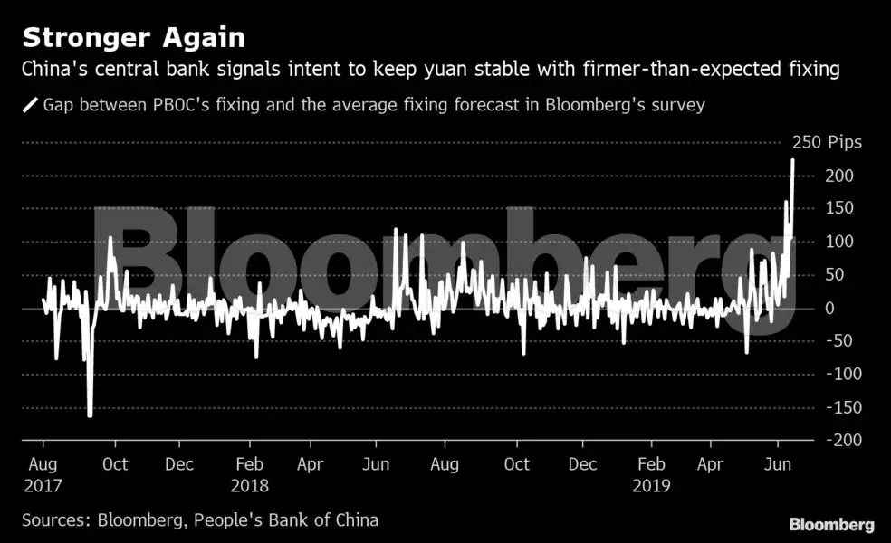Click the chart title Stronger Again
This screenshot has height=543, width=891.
(133, 38)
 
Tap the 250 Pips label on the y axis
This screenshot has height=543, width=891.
(827, 142)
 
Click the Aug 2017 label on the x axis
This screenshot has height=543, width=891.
(43, 474)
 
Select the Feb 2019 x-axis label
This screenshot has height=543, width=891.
(652, 474)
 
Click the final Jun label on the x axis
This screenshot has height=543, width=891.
(776, 464)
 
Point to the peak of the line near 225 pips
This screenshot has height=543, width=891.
(793, 160)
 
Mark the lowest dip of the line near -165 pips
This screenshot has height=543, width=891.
(90, 416)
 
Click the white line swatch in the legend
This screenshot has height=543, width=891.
(30, 105)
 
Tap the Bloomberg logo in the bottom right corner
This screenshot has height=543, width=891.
(831, 524)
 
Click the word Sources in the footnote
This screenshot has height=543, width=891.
(52, 520)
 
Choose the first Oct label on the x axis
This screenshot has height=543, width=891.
(115, 464)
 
